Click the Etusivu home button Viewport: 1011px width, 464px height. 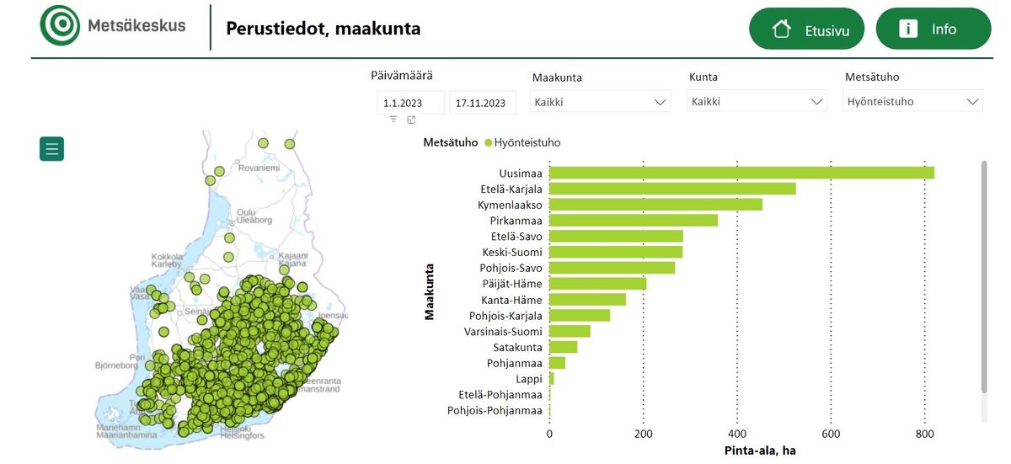(x=806, y=29)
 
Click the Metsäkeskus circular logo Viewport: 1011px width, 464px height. (x=60, y=25)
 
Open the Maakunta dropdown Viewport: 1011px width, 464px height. (x=601, y=102)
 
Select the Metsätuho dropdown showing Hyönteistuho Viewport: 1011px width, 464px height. (x=912, y=102)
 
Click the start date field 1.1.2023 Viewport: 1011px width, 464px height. (x=410, y=103)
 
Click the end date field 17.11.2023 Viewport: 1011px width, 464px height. (x=483, y=103)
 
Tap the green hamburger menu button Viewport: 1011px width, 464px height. (x=51, y=149)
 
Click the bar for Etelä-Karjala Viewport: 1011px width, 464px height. (x=672, y=189)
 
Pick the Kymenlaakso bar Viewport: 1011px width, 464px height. (x=655, y=205)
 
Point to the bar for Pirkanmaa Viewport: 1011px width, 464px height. (x=634, y=221)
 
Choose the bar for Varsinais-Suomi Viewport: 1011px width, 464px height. (x=570, y=331)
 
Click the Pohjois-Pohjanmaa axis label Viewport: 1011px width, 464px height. (x=495, y=411)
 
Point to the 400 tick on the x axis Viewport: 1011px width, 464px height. (x=737, y=435)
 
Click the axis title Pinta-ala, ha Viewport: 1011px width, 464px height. (x=760, y=451)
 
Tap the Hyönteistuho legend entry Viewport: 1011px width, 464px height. (x=522, y=142)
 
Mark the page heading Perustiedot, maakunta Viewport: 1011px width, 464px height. (x=323, y=29)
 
